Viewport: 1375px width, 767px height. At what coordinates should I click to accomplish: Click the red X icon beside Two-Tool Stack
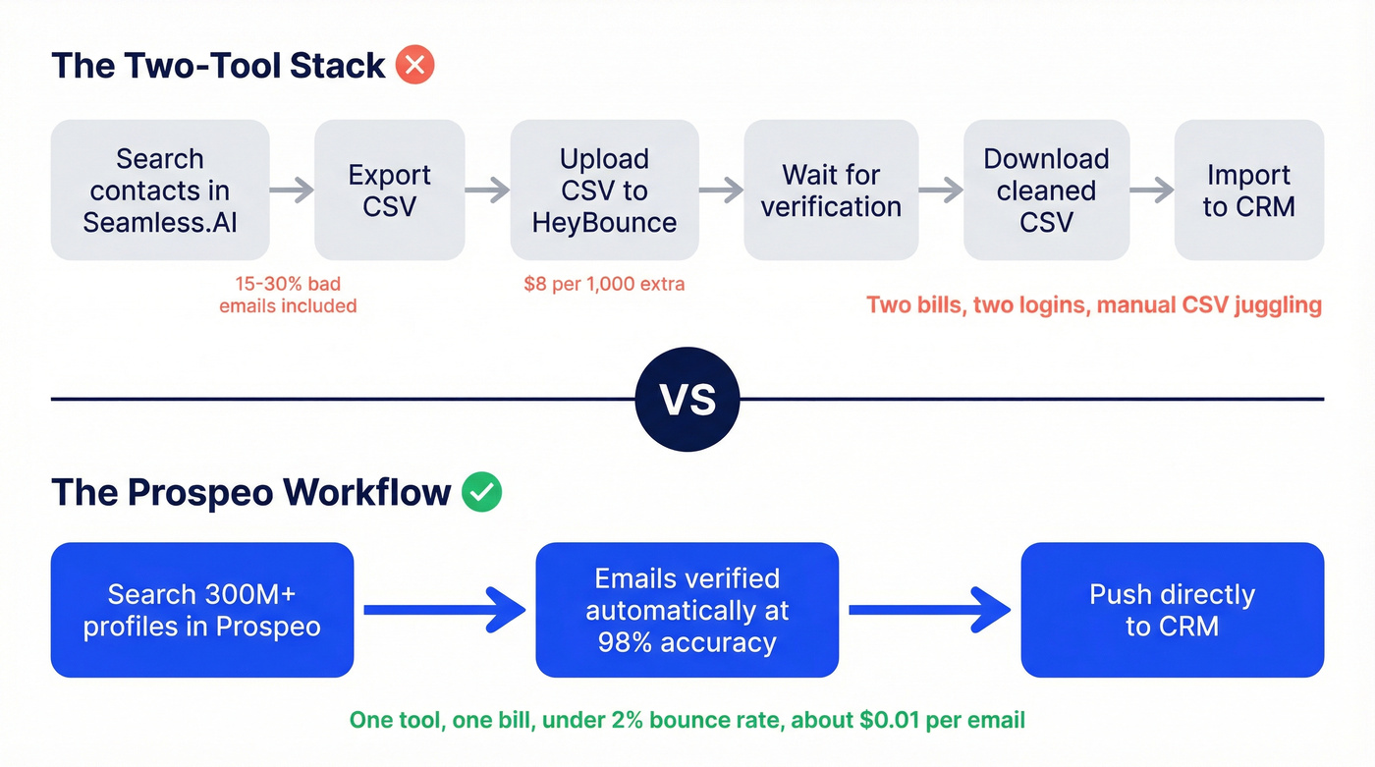(x=414, y=67)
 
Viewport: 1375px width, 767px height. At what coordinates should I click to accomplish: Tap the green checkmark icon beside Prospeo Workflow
(x=481, y=492)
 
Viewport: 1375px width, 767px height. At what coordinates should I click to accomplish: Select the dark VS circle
(x=687, y=400)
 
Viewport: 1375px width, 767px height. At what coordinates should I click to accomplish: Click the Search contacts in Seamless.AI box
(x=160, y=191)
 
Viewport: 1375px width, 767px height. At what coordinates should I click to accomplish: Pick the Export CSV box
(x=389, y=191)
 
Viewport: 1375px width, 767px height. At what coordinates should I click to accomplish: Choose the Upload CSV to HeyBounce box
(x=604, y=191)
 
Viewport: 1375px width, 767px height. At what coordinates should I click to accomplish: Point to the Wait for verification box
(x=831, y=191)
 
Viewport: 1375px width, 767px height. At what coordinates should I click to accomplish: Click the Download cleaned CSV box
(x=1046, y=191)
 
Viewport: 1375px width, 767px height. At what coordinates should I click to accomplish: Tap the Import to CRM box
(x=1248, y=191)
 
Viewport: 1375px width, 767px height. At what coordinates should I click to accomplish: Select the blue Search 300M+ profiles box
(x=201, y=610)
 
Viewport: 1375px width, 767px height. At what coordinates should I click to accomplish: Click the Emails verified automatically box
(x=687, y=610)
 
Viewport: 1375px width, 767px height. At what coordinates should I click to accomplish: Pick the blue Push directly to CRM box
(x=1172, y=610)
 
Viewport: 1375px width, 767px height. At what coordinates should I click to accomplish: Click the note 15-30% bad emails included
(x=288, y=295)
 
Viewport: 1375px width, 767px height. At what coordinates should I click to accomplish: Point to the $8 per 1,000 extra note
(x=604, y=284)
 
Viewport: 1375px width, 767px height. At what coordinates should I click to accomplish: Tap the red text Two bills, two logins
(x=1093, y=304)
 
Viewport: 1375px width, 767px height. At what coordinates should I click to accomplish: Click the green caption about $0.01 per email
(x=687, y=720)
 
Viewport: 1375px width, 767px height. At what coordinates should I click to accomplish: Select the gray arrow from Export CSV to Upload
(x=487, y=191)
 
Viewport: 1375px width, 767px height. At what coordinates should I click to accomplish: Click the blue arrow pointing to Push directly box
(x=929, y=610)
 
